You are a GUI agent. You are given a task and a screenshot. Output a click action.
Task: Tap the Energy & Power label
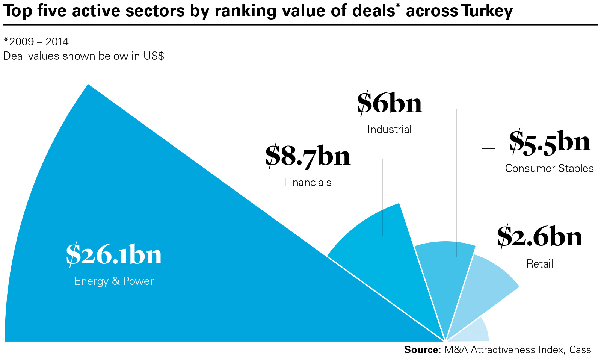[x=114, y=281]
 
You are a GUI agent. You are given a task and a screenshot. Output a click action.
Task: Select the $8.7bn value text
[x=308, y=156]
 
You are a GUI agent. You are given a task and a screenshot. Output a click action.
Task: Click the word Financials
[x=308, y=182]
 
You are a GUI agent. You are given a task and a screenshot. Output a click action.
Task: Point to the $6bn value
[x=390, y=103]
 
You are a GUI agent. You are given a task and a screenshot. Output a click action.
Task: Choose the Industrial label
[x=390, y=129]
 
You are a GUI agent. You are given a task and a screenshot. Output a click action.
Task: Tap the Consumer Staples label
[x=549, y=168]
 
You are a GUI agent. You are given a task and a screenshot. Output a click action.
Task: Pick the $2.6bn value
[x=540, y=237]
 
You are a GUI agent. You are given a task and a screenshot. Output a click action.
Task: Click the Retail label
[x=540, y=264]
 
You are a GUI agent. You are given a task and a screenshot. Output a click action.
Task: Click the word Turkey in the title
[x=487, y=11]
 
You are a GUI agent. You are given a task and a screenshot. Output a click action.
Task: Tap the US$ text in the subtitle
[x=154, y=56]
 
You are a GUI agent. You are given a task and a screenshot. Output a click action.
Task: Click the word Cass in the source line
[x=580, y=350]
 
